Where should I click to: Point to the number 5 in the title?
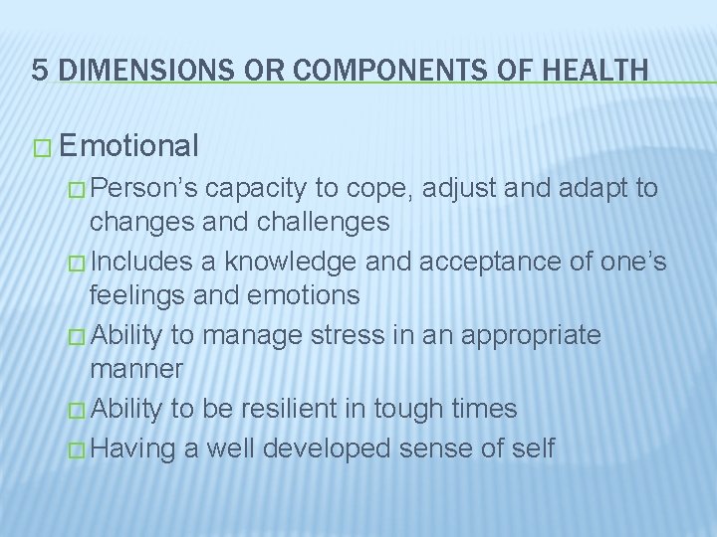tap(39, 69)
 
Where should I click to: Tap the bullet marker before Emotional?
tap(42, 148)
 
